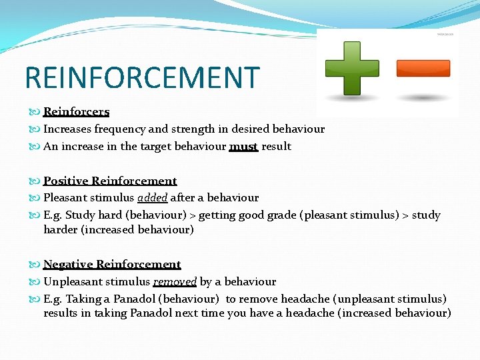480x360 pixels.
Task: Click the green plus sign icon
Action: [x=351, y=68]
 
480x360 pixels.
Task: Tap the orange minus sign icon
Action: [x=423, y=68]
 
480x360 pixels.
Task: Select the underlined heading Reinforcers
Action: [x=76, y=111]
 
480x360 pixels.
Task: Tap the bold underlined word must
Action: [x=243, y=146]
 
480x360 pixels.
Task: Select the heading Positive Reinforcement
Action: [x=110, y=181]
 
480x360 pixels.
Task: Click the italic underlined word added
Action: [x=153, y=197]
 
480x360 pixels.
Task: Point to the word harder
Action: [x=63, y=229]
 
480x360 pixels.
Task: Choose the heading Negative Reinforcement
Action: [x=112, y=264]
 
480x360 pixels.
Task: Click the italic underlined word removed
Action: [x=175, y=281]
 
